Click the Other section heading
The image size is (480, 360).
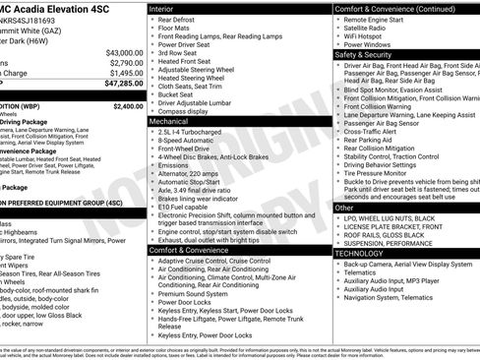pos(345,208)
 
